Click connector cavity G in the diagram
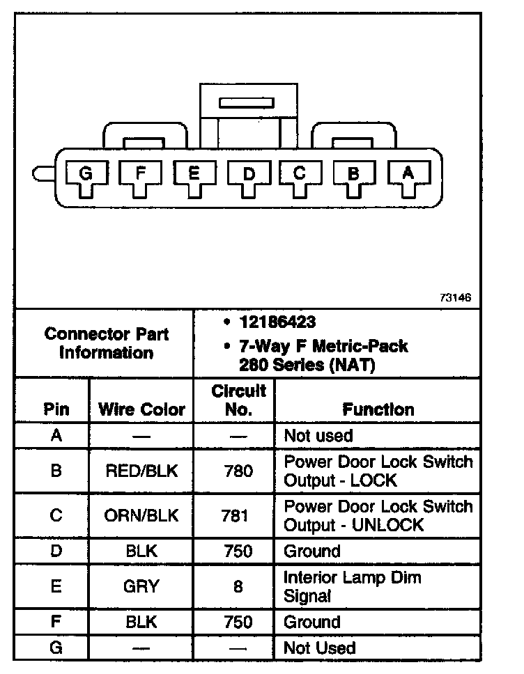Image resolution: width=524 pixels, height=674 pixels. click(85, 175)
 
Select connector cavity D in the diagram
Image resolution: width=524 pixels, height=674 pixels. click(249, 175)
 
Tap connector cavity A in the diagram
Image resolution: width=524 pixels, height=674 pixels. click(408, 175)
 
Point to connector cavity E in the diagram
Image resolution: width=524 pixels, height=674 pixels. click(194, 175)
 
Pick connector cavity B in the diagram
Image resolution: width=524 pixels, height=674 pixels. click(354, 175)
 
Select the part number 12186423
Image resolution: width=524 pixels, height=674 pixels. click(277, 322)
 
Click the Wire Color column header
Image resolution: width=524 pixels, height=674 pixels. click(141, 409)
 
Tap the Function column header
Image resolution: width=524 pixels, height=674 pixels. click(378, 409)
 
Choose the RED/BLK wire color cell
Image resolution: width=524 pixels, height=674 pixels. click(141, 471)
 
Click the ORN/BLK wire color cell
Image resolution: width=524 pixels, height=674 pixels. click(141, 516)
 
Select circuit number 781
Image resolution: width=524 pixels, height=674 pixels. click(238, 516)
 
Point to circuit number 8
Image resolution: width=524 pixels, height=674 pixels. click(238, 587)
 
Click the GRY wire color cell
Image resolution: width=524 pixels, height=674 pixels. click(141, 587)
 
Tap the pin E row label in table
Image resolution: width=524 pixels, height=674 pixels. click(56, 587)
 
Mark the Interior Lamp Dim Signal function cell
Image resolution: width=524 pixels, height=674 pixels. click(352, 587)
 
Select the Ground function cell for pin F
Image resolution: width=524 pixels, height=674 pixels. click(311, 622)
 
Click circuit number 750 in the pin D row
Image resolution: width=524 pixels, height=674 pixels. click(238, 551)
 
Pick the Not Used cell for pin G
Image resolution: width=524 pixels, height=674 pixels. click(319, 648)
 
